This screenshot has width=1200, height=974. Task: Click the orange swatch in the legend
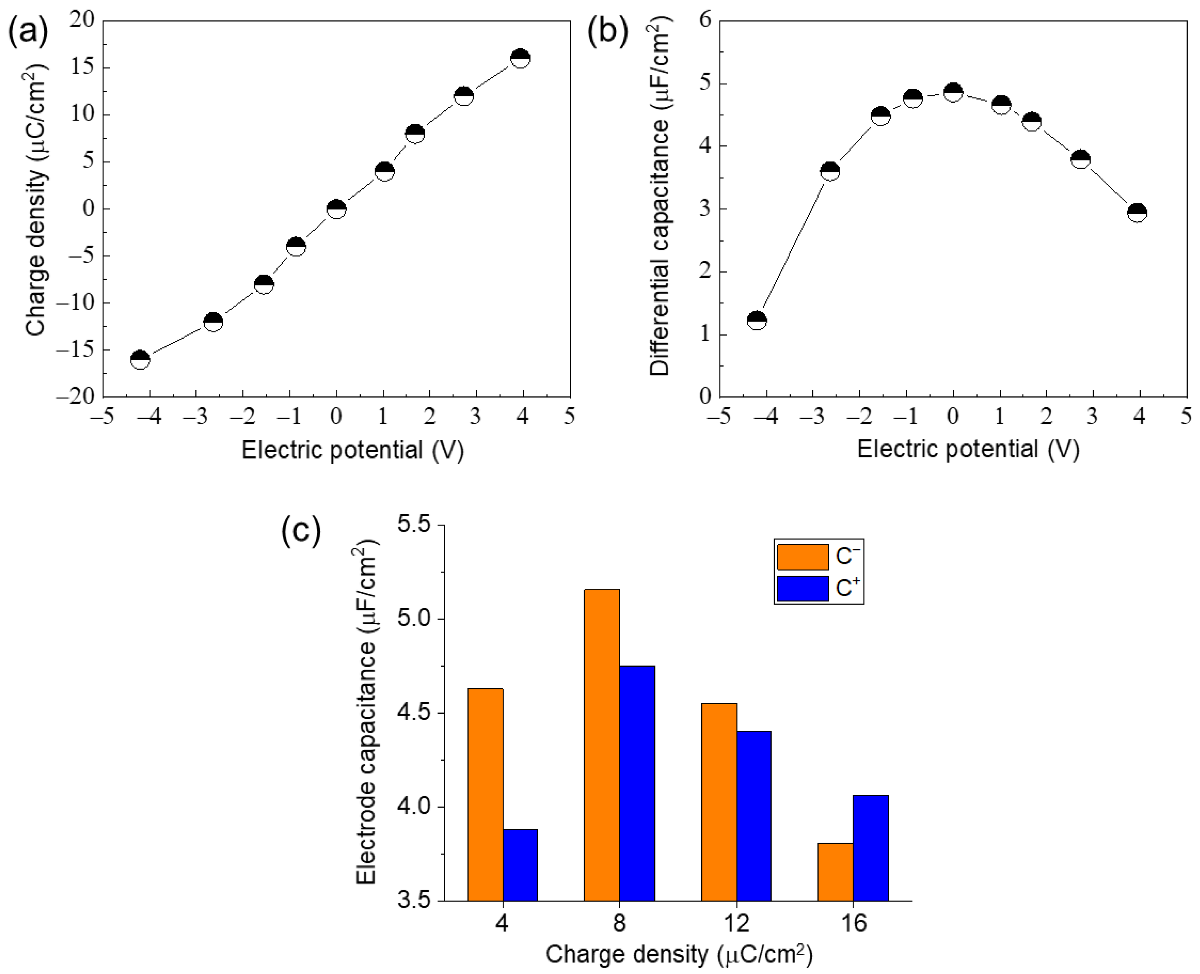tap(802, 556)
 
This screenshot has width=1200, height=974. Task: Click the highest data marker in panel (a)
tap(520, 58)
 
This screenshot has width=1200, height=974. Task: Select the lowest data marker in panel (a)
tap(140, 359)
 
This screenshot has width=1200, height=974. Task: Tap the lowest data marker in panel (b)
tap(757, 320)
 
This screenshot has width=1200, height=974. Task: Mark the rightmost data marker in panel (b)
tap(1137, 213)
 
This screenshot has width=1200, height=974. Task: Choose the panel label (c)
tap(301, 531)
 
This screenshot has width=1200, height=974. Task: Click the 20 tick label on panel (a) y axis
tap(82, 21)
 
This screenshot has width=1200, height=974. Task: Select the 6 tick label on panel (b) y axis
tap(705, 21)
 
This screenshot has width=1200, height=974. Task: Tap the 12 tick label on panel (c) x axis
tap(736, 923)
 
